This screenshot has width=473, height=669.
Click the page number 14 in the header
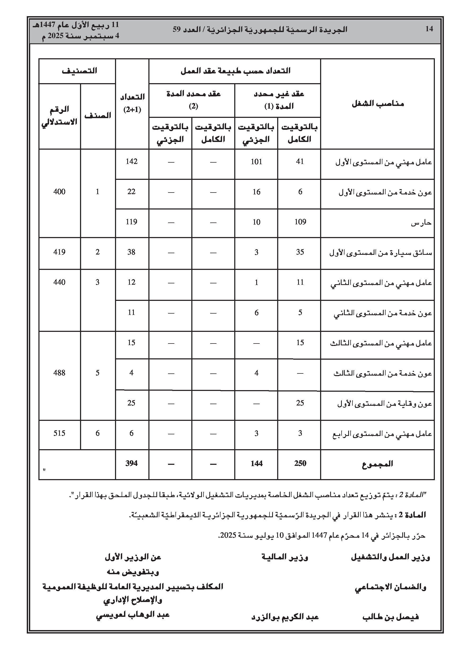click(x=429, y=29)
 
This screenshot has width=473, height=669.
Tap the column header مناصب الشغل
click(x=378, y=104)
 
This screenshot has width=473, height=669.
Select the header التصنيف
click(x=79, y=71)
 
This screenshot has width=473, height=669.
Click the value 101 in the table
click(x=256, y=162)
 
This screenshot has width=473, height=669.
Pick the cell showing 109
click(x=300, y=222)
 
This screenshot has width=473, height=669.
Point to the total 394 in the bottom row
click(x=131, y=463)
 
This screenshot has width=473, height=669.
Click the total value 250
click(x=300, y=463)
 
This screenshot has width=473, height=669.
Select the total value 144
click(x=256, y=463)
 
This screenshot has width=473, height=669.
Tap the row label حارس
click(x=421, y=223)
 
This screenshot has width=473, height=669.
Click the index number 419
click(x=59, y=252)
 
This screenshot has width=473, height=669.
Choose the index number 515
click(x=59, y=433)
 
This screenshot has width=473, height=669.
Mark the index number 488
click(x=59, y=373)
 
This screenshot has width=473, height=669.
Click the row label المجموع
click(x=377, y=464)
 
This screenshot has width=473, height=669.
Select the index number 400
click(x=59, y=192)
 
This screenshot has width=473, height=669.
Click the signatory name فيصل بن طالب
click(x=391, y=617)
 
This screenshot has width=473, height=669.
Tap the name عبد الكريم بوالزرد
click(x=285, y=617)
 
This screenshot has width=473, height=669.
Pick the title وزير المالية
click(x=285, y=557)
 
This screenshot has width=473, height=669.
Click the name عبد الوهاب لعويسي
click(x=133, y=615)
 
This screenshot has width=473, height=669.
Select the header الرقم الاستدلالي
click(x=60, y=116)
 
